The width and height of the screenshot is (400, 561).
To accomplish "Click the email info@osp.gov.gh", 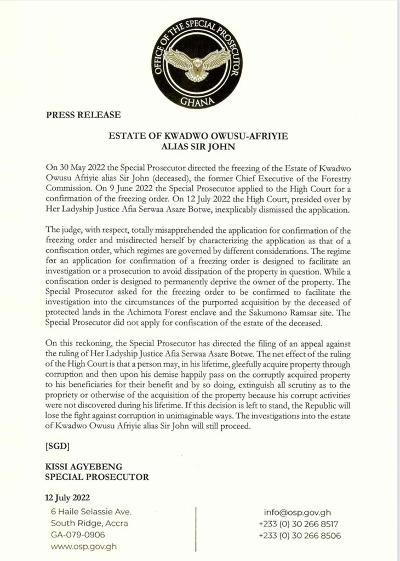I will pyautogui.click(x=299, y=512).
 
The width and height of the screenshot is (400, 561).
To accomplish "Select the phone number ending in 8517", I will pyautogui.click(x=300, y=524).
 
